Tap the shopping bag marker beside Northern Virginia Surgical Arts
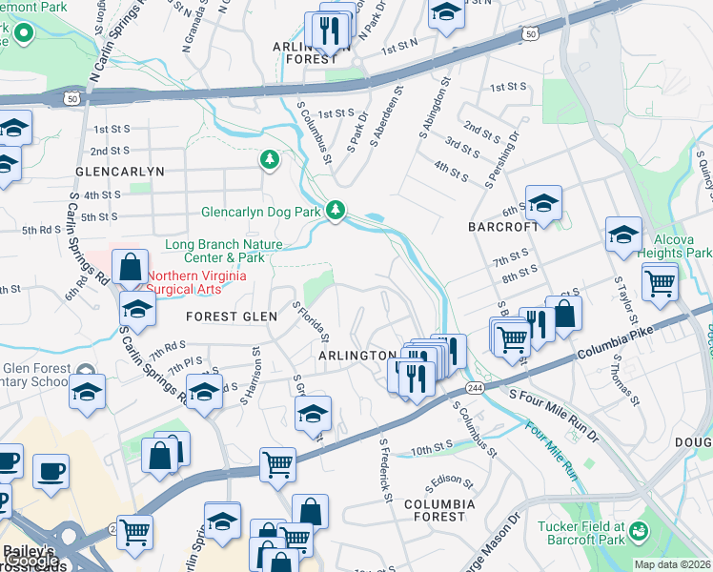tap(131, 268)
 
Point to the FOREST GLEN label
tap(232, 317)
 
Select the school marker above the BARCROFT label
tap(543, 203)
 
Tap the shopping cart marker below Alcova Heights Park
tap(660, 282)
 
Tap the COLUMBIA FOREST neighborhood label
tap(438, 510)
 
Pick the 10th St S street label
tap(431, 446)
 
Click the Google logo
tap(31, 560)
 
